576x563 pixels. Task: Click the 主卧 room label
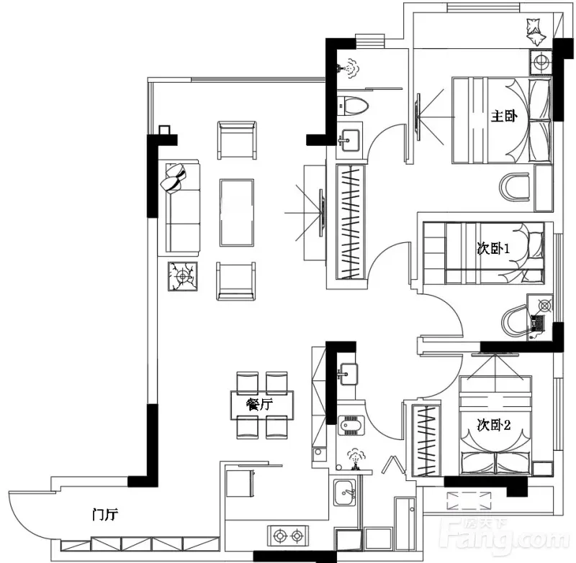click(504, 116)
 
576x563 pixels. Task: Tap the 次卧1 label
click(493, 249)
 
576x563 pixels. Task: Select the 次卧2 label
click(494, 425)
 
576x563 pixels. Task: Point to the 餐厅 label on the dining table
click(259, 405)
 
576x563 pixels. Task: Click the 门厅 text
click(105, 515)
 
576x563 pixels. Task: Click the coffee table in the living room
click(237, 212)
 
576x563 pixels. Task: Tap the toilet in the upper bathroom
click(352, 106)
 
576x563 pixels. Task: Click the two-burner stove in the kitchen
click(288, 536)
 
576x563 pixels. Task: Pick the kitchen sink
click(345, 493)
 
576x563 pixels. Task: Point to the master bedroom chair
click(516, 187)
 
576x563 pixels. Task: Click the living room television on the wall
click(321, 213)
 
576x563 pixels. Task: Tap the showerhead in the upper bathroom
click(348, 68)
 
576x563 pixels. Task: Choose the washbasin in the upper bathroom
click(349, 139)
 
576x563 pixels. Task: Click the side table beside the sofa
click(183, 276)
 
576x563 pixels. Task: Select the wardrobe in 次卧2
click(426, 440)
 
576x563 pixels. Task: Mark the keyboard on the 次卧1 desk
click(536, 323)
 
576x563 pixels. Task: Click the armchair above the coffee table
click(237, 140)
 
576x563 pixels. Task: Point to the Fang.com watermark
click(508, 536)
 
